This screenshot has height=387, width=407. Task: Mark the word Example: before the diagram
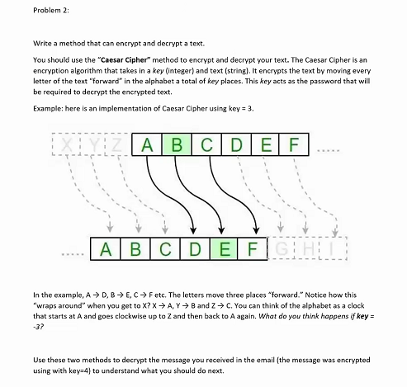tap(49, 107)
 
